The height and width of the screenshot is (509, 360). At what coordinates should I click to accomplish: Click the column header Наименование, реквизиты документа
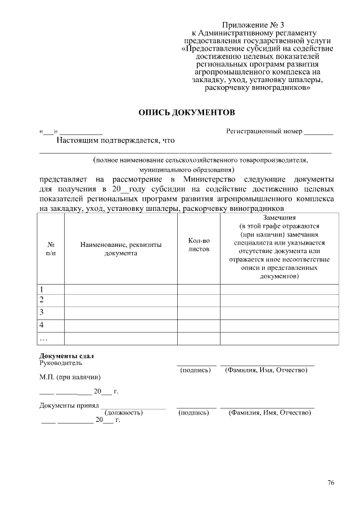121,249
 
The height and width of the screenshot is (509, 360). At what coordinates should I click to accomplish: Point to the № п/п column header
51,249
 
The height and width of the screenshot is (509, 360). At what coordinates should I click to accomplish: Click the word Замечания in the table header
279,218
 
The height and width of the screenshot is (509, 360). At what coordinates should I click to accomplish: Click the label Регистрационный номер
264,132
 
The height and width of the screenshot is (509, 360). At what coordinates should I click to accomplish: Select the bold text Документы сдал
66,355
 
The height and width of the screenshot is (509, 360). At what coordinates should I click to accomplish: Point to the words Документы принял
69,406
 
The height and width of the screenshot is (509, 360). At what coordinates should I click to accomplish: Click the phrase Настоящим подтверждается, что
116,141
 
